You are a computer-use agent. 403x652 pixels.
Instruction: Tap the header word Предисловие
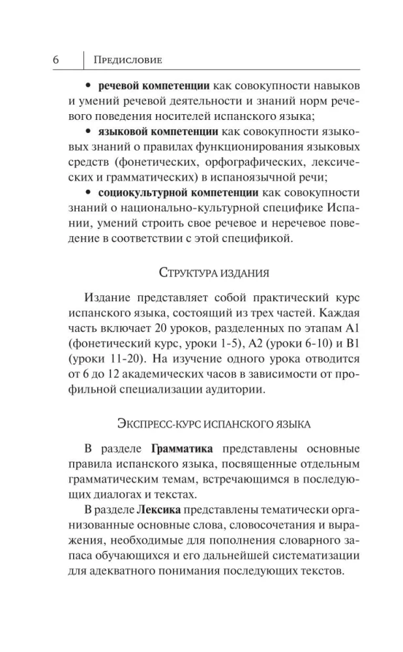click(x=128, y=60)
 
